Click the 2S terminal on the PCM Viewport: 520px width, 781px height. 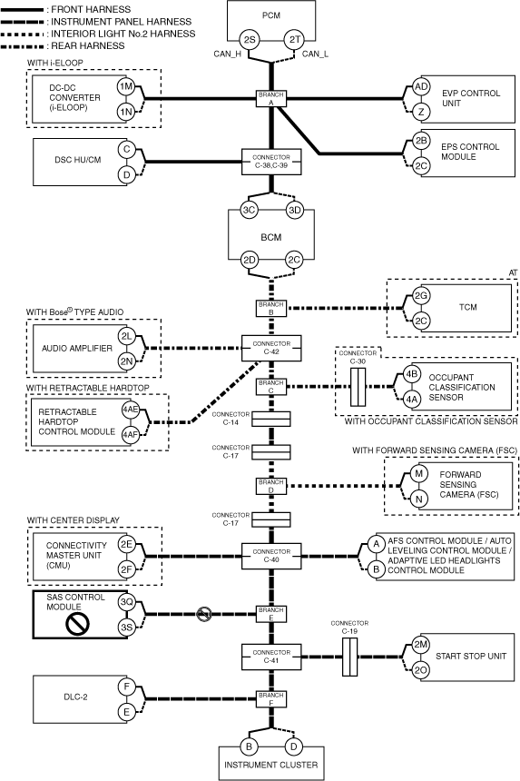click(249, 39)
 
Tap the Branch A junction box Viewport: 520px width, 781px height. click(271, 98)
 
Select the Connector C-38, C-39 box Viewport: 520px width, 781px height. click(271, 162)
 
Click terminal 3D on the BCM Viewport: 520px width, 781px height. click(295, 210)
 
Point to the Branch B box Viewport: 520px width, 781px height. click(271, 308)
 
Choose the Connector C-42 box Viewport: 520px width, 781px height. click(271, 348)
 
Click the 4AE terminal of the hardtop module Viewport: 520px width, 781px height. click(131, 410)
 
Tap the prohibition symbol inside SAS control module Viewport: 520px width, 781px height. click(78, 624)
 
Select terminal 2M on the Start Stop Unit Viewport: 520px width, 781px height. click(420, 645)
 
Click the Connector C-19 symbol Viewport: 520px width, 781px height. click(349, 657)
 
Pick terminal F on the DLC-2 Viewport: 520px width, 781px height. click(126, 687)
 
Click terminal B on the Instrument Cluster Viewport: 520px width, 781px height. click(249, 746)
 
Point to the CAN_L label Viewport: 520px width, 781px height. click(315, 54)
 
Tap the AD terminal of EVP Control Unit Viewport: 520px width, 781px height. click(421, 86)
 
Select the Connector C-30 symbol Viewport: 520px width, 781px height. click(358, 387)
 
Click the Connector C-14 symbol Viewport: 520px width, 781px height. click(271, 419)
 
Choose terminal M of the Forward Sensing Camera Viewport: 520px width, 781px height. click(418, 473)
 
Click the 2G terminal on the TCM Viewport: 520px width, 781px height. click(421, 295)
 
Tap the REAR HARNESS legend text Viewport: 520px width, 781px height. click(88, 45)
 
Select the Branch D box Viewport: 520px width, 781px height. click(271, 486)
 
